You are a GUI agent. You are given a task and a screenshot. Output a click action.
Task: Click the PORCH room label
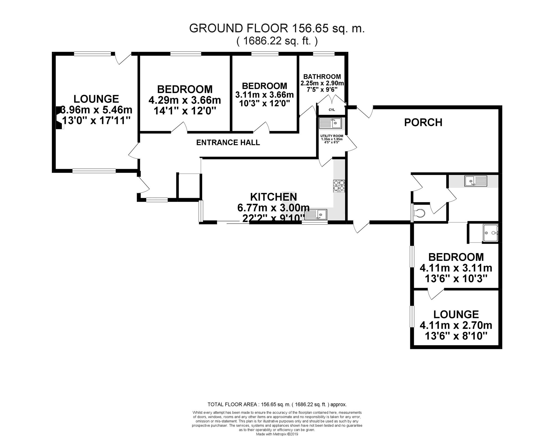[423, 122]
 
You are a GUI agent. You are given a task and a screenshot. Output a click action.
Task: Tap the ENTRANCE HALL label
[228, 143]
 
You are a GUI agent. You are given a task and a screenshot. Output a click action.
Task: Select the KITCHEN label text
[273, 197]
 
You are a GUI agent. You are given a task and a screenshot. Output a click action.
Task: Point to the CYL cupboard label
[332, 110]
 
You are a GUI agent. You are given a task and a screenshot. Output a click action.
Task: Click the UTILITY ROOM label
[332, 136]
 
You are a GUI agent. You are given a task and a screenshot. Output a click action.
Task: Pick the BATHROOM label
[322, 77]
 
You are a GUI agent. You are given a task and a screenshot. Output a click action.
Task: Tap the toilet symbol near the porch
[419, 213]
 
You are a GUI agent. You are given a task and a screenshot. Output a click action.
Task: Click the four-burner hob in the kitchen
[339, 186]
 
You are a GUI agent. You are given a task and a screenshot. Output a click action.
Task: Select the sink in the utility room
[330, 123]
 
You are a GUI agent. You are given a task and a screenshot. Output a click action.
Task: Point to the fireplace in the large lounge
[60, 118]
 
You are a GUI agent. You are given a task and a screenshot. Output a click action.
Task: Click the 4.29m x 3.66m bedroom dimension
[185, 100]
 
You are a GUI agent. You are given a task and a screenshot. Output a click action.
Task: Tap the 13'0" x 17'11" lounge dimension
[96, 120]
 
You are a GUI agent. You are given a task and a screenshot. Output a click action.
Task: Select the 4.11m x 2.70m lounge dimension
[456, 325]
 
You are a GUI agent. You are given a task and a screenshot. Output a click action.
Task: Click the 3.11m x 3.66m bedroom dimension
[265, 95]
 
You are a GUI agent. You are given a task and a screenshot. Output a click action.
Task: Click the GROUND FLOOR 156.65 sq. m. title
[277, 28]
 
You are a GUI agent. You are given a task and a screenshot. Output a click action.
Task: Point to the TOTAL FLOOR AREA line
[277, 404]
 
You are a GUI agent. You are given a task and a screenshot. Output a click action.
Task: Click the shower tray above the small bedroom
[491, 233]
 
